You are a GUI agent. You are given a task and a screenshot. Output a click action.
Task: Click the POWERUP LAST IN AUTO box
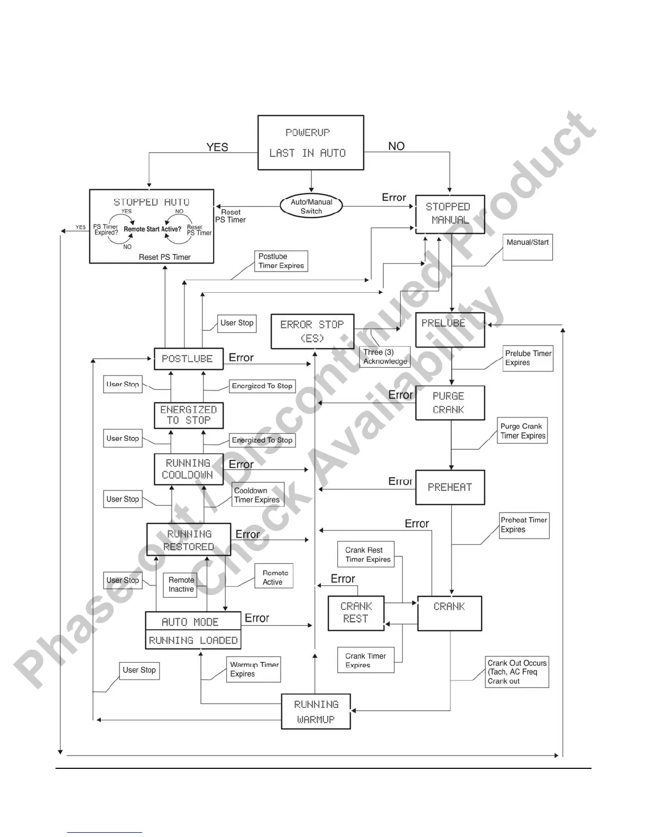coord(311,143)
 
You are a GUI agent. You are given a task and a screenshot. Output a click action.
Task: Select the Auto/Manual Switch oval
coord(311,206)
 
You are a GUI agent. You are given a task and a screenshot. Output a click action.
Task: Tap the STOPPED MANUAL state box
coord(450,214)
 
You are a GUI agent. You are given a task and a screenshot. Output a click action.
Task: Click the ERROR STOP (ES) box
coord(312,331)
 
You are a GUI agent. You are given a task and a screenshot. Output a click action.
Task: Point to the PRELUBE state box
coord(450,330)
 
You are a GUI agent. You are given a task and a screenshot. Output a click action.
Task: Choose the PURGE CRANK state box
coord(450,403)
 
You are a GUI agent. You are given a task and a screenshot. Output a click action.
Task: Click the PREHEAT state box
coord(450,487)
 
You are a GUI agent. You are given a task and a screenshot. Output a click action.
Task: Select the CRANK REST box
coord(356,613)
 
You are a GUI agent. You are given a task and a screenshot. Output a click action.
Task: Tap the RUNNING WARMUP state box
coord(316,711)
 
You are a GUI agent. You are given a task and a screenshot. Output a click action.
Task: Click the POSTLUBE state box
coord(188,359)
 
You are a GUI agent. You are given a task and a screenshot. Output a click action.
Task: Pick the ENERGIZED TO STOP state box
coord(188,415)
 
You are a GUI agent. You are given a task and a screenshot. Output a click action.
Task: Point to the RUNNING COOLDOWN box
coord(188,469)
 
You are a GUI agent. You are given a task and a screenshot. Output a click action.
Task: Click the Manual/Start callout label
coord(528,247)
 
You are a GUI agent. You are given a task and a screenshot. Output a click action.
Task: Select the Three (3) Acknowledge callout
coord(385,357)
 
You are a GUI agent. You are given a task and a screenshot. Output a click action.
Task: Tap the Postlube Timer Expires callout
coord(281,261)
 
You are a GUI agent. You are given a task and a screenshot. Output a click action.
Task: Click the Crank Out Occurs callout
coord(517,672)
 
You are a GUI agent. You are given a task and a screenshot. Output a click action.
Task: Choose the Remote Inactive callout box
coord(181,585)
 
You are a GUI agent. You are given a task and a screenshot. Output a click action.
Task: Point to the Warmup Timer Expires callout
coord(254,669)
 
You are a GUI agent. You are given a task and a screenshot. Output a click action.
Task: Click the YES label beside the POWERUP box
coord(217,147)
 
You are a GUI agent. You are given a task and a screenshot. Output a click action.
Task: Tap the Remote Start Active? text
coord(152,229)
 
